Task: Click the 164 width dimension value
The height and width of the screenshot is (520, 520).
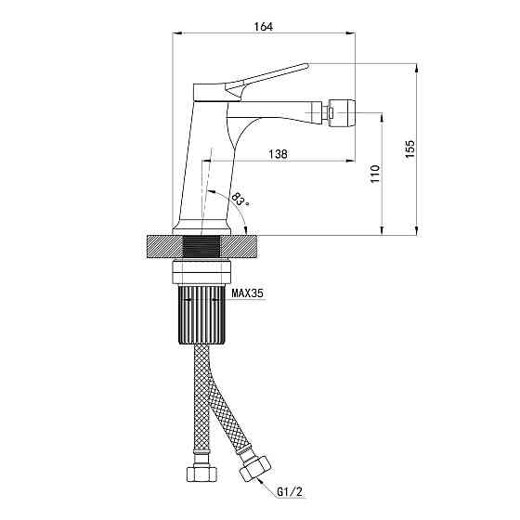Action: click(x=264, y=27)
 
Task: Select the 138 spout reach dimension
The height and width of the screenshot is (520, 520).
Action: click(x=278, y=154)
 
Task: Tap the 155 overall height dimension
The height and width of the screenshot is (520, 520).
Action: click(x=410, y=149)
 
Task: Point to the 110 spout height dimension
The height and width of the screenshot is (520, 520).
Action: click(x=375, y=173)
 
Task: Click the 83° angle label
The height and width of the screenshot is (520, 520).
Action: click(x=240, y=199)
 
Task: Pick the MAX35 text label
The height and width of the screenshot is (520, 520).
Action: click(x=247, y=293)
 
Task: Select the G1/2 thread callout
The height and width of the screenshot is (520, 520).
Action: click(x=290, y=492)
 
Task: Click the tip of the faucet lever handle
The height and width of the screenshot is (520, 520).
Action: click(x=307, y=65)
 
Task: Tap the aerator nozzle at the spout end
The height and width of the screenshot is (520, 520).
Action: click(x=342, y=112)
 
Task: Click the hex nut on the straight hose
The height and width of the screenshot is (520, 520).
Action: click(x=202, y=474)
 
